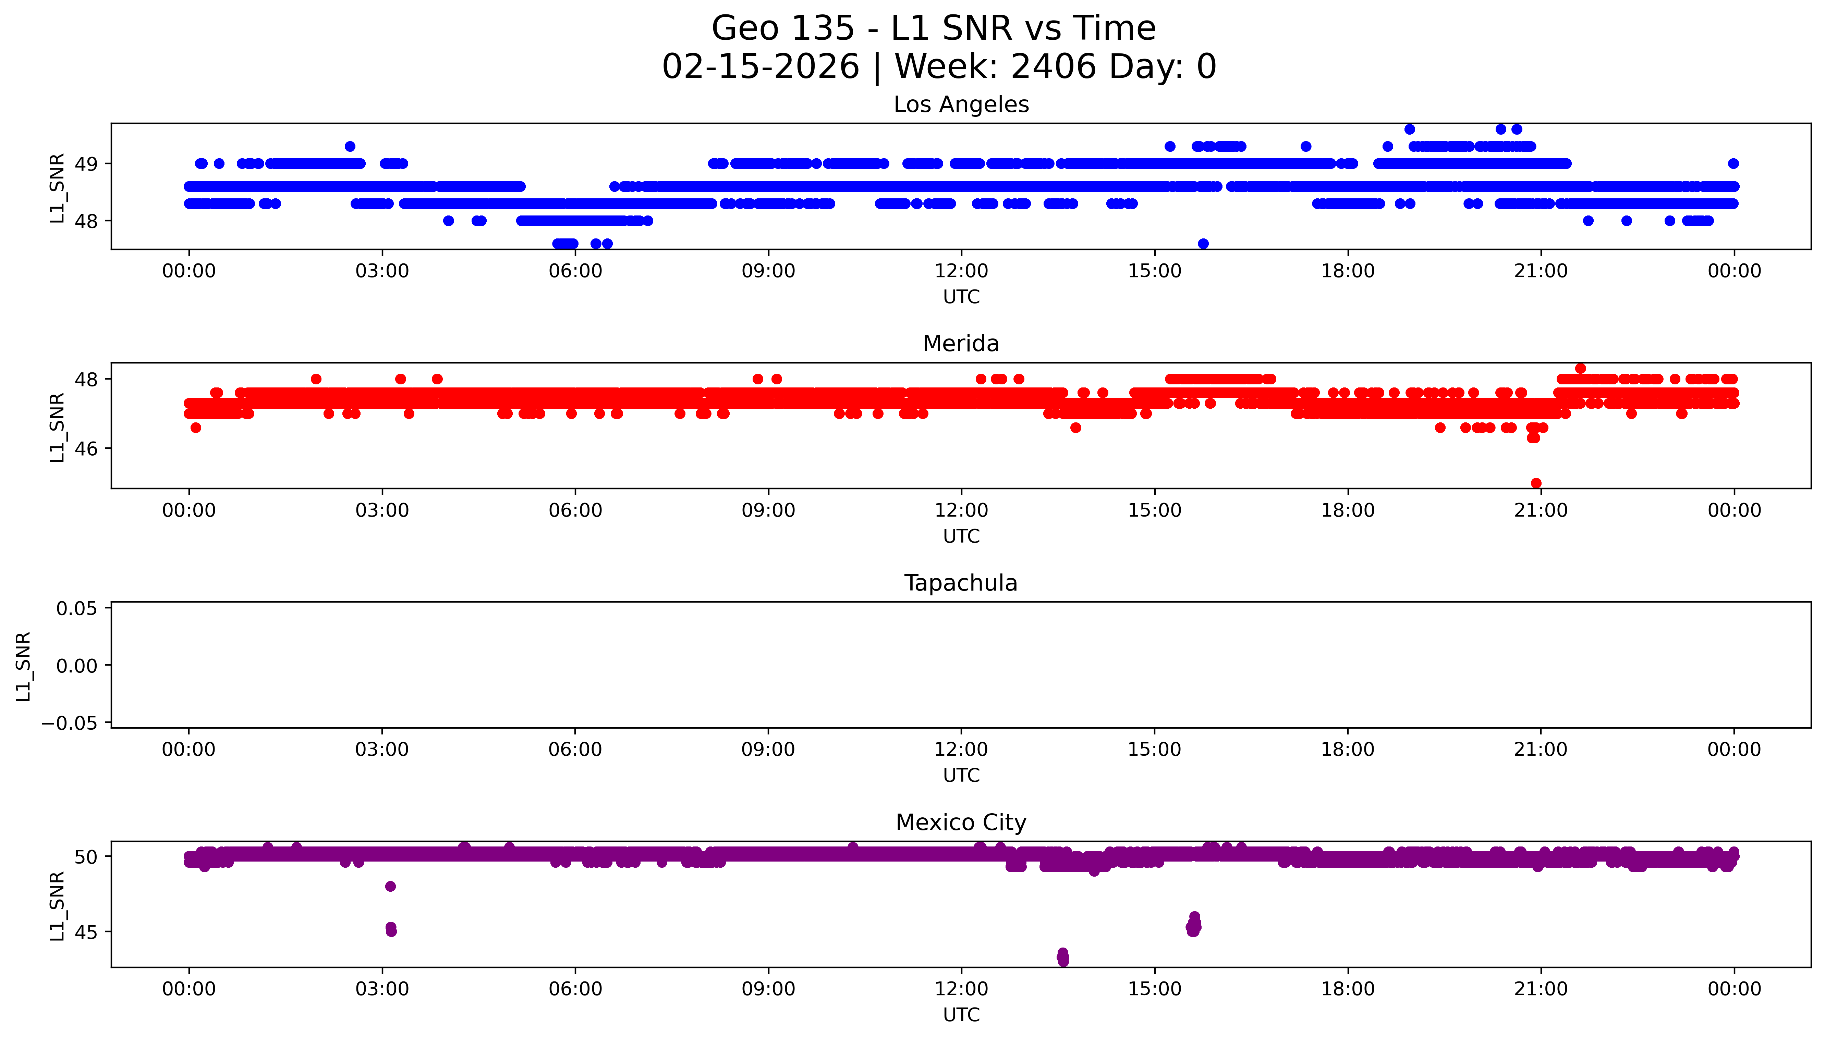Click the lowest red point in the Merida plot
tap(1536, 483)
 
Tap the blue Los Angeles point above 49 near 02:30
tap(350, 146)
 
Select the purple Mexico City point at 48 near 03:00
tap(390, 886)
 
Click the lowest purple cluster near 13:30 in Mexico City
tap(1063, 957)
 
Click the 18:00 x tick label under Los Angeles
tap(1348, 271)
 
